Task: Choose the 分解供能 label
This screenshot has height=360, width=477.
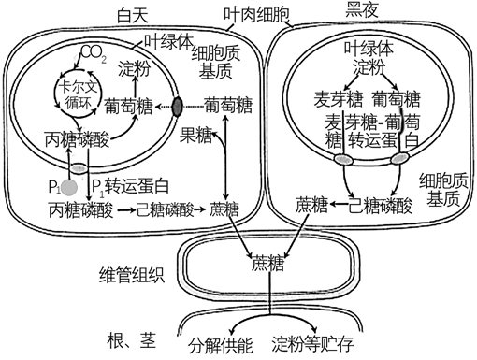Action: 221,342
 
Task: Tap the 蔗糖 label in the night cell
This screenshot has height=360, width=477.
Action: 312,204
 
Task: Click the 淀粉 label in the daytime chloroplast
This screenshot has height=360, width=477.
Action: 137,71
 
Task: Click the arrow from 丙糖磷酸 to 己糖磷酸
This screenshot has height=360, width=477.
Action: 120,210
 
